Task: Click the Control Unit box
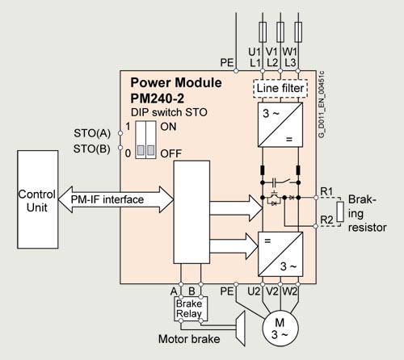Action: click(x=38, y=199)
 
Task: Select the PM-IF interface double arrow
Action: click(x=116, y=199)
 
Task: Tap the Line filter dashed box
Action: click(x=280, y=89)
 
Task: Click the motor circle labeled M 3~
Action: click(x=280, y=329)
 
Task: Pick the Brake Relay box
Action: click(x=191, y=308)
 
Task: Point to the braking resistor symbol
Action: click(x=340, y=211)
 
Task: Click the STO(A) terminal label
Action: click(x=92, y=133)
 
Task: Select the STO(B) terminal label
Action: click(x=92, y=149)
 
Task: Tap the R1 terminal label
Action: click(x=326, y=191)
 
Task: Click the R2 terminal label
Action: click(x=326, y=220)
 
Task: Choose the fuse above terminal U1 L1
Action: click(x=263, y=32)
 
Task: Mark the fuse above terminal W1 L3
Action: click(x=298, y=32)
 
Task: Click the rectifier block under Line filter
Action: click(x=280, y=124)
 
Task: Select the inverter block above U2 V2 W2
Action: click(x=280, y=254)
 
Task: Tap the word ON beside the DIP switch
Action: click(x=168, y=127)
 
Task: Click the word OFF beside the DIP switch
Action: click(x=171, y=153)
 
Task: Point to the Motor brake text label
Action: click(x=189, y=339)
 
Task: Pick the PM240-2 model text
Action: click(x=158, y=98)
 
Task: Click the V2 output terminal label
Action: click(x=272, y=291)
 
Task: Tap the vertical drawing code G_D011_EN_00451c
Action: click(x=322, y=104)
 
